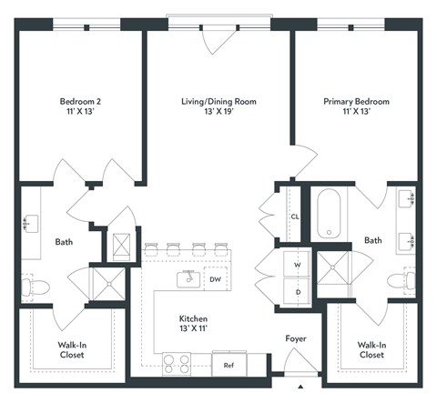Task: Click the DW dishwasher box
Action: [x=215, y=280]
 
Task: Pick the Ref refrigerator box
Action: [x=228, y=364]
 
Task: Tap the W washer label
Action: [x=296, y=266]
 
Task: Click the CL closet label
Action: [x=295, y=217]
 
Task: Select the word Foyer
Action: [x=295, y=338]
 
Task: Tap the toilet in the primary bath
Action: [x=401, y=281]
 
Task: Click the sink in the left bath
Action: [x=30, y=222]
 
